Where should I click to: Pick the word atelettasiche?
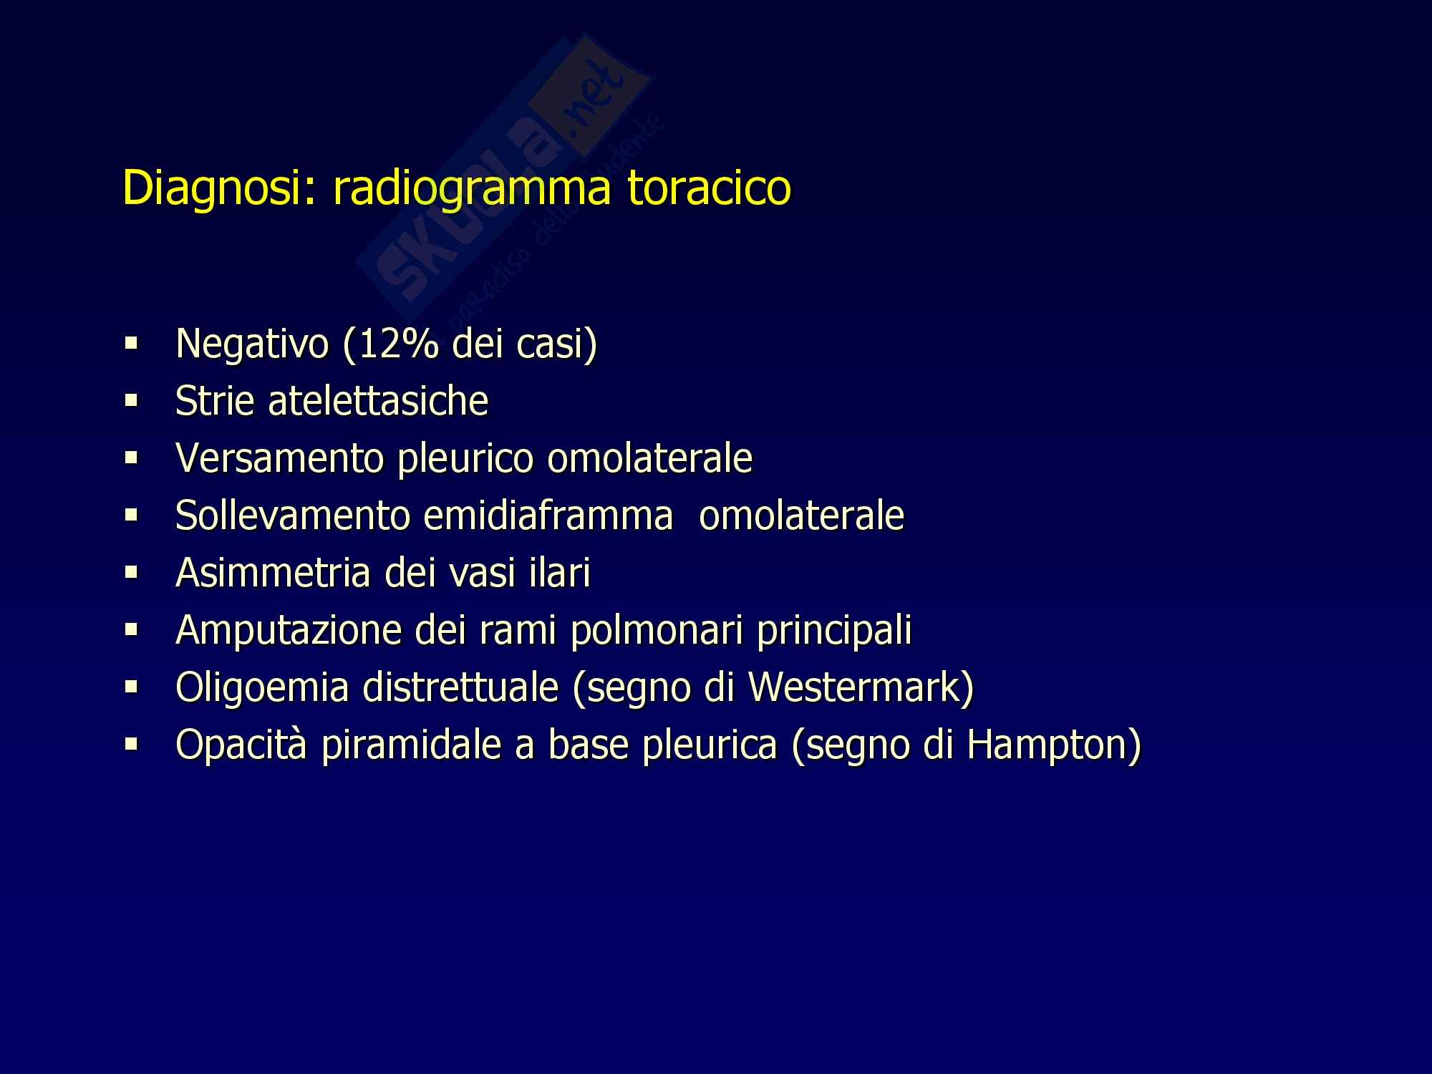click(x=378, y=400)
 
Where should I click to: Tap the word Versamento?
click(x=281, y=458)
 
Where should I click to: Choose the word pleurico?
click(x=465, y=459)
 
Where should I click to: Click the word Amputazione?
click(x=288, y=631)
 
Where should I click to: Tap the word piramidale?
click(x=419, y=745)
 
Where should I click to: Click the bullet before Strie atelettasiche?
click(x=130, y=402)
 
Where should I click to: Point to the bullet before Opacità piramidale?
click(x=130, y=745)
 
